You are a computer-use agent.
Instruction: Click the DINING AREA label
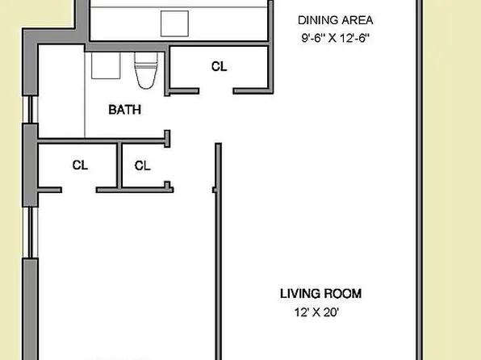pos(336,20)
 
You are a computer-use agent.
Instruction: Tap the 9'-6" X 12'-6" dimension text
pos(336,38)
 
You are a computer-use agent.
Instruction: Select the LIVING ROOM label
pos(320,293)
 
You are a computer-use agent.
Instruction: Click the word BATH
pos(125,109)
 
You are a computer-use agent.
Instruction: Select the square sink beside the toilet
pos(105,65)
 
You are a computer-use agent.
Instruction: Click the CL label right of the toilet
pos(219,67)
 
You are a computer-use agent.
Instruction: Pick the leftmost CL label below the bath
pos(79,165)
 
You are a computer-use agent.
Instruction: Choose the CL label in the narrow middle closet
pos(143,165)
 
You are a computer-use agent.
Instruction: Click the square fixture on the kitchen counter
pos(174,23)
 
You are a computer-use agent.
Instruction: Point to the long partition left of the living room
pos(216,250)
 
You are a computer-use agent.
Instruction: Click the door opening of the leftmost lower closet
pos(78,190)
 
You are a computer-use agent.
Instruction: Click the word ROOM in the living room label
pos(342,293)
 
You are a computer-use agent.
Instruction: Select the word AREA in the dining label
pos(358,20)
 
